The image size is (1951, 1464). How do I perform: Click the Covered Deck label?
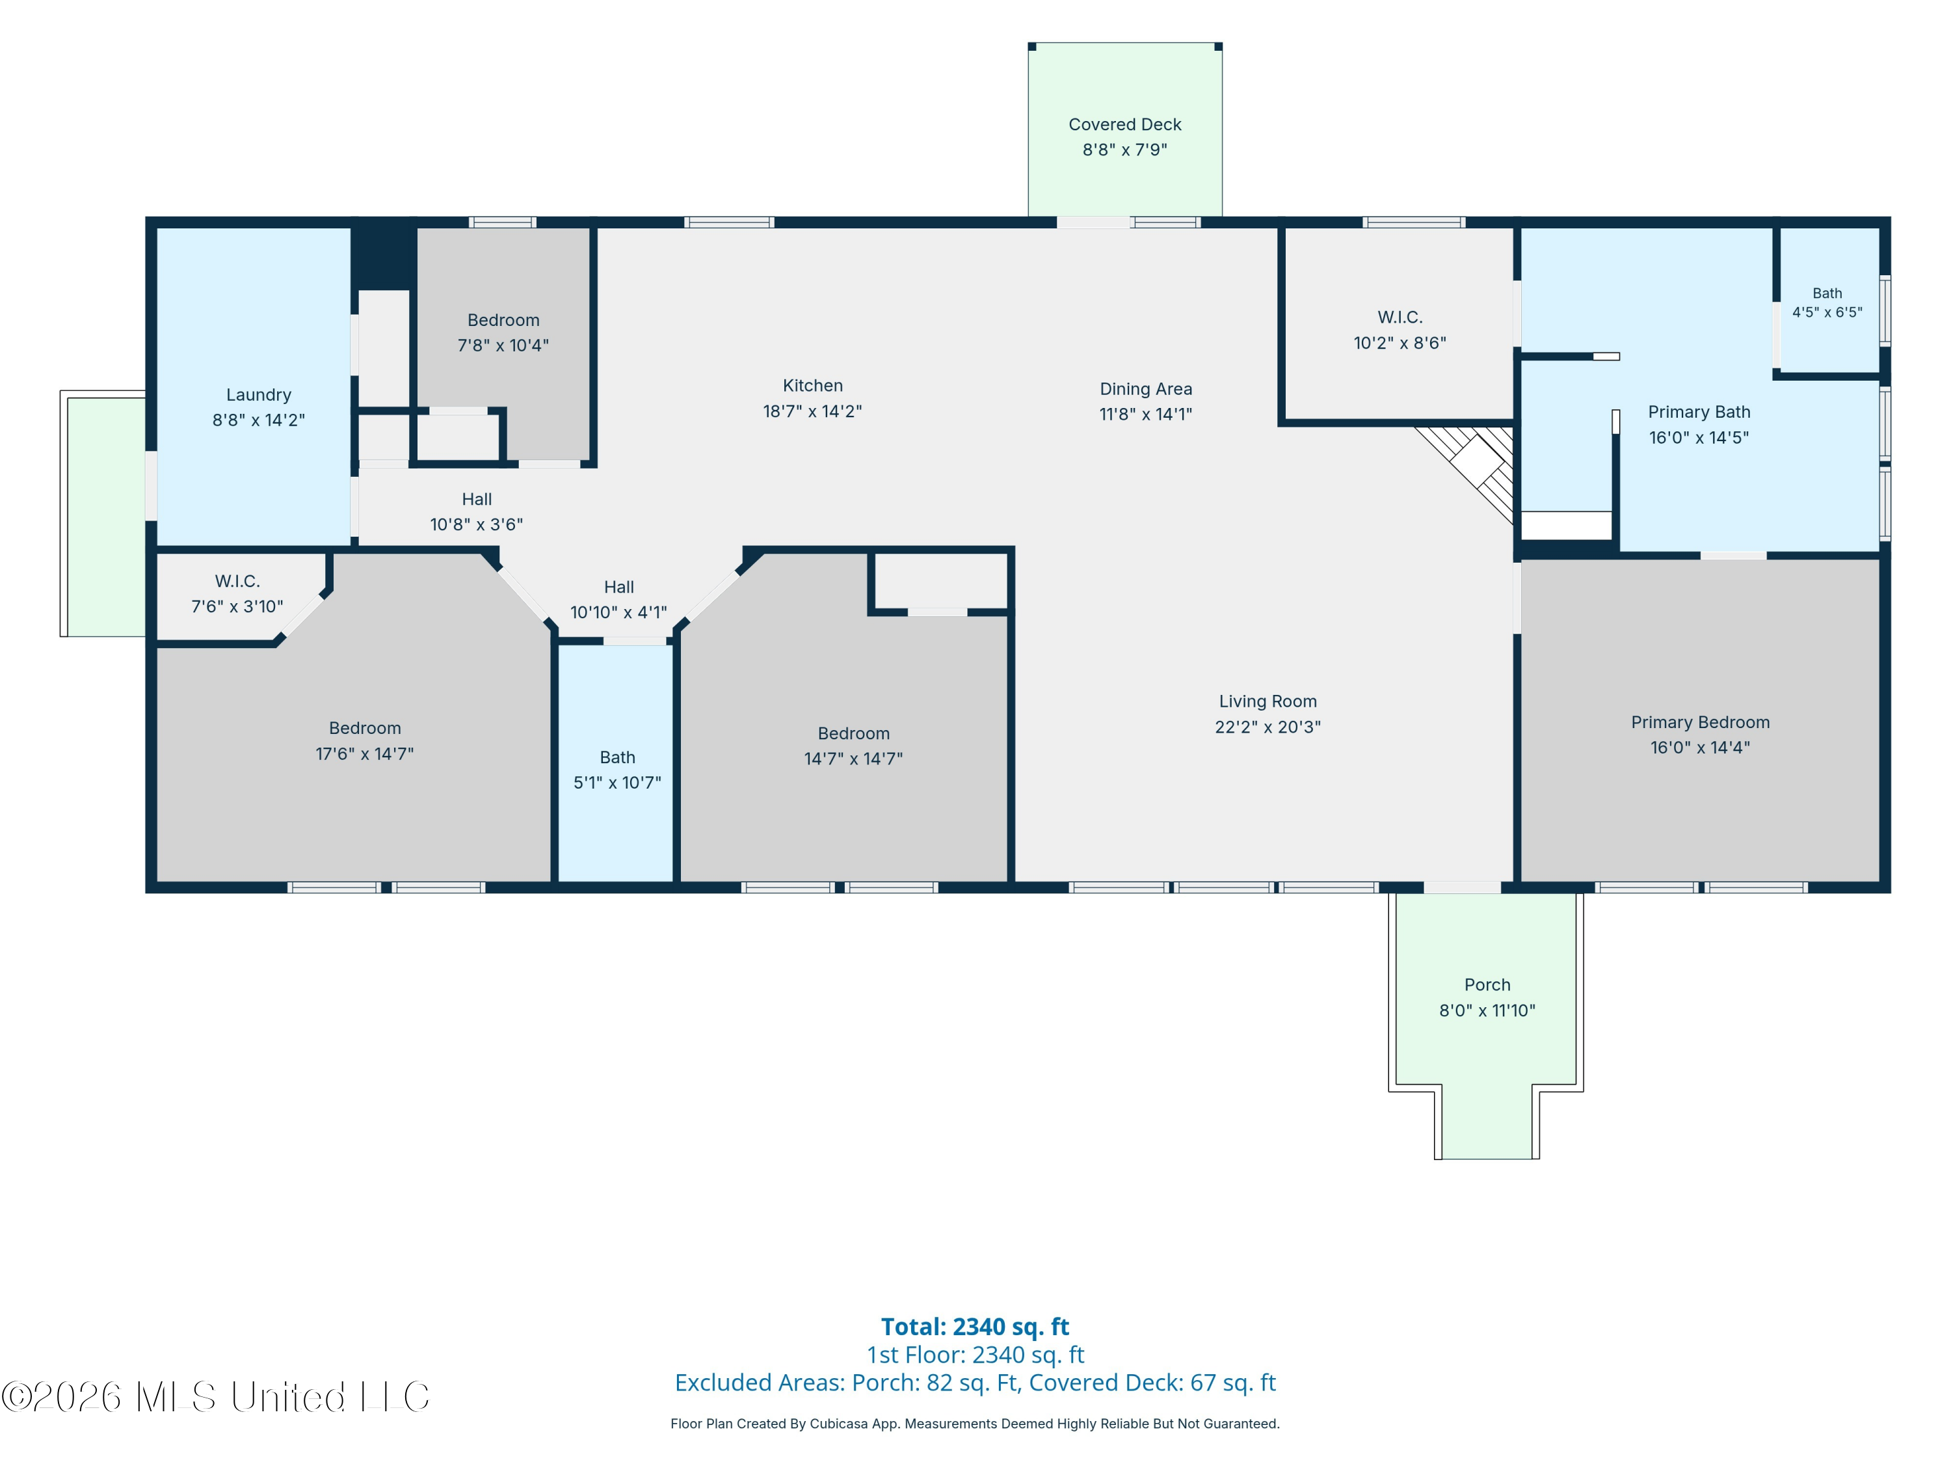pyautogui.click(x=1124, y=124)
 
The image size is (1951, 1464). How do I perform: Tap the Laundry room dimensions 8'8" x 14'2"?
pyautogui.click(x=258, y=420)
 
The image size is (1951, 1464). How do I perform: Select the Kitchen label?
pyautogui.click(x=812, y=386)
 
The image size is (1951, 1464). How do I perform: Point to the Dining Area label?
pyautogui.click(x=1146, y=389)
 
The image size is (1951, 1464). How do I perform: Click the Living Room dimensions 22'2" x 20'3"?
pyautogui.click(x=1267, y=727)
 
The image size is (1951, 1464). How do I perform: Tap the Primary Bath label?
pyautogui.click(x=1699, y=412)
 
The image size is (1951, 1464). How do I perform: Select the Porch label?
pyautogui.click(x=1487, y=985)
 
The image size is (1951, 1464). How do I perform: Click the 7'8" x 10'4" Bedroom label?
pyautogui.click(x=503, y=320)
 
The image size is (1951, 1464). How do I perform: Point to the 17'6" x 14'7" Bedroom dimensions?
pyautogui.click(x=364, y=753)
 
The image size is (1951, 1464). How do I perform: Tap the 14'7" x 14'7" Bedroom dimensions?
pyautogui.click(x=853, y=759)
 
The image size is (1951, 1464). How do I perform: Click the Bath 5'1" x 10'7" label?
pyautogui.click(x=617, y=757)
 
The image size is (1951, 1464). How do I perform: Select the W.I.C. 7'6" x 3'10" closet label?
pyautogui.click(x=237, y=582)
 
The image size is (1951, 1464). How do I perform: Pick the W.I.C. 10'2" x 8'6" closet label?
pyautogui.click(x=1400, y=318)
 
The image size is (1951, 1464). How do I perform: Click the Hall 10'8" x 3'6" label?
pyautogui.click(x=476, y=500)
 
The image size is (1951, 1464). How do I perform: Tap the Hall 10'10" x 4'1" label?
pyautogui.click(x=618, y=587)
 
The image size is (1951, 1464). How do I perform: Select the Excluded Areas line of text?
pyautogui.click(x=975, y=1383)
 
